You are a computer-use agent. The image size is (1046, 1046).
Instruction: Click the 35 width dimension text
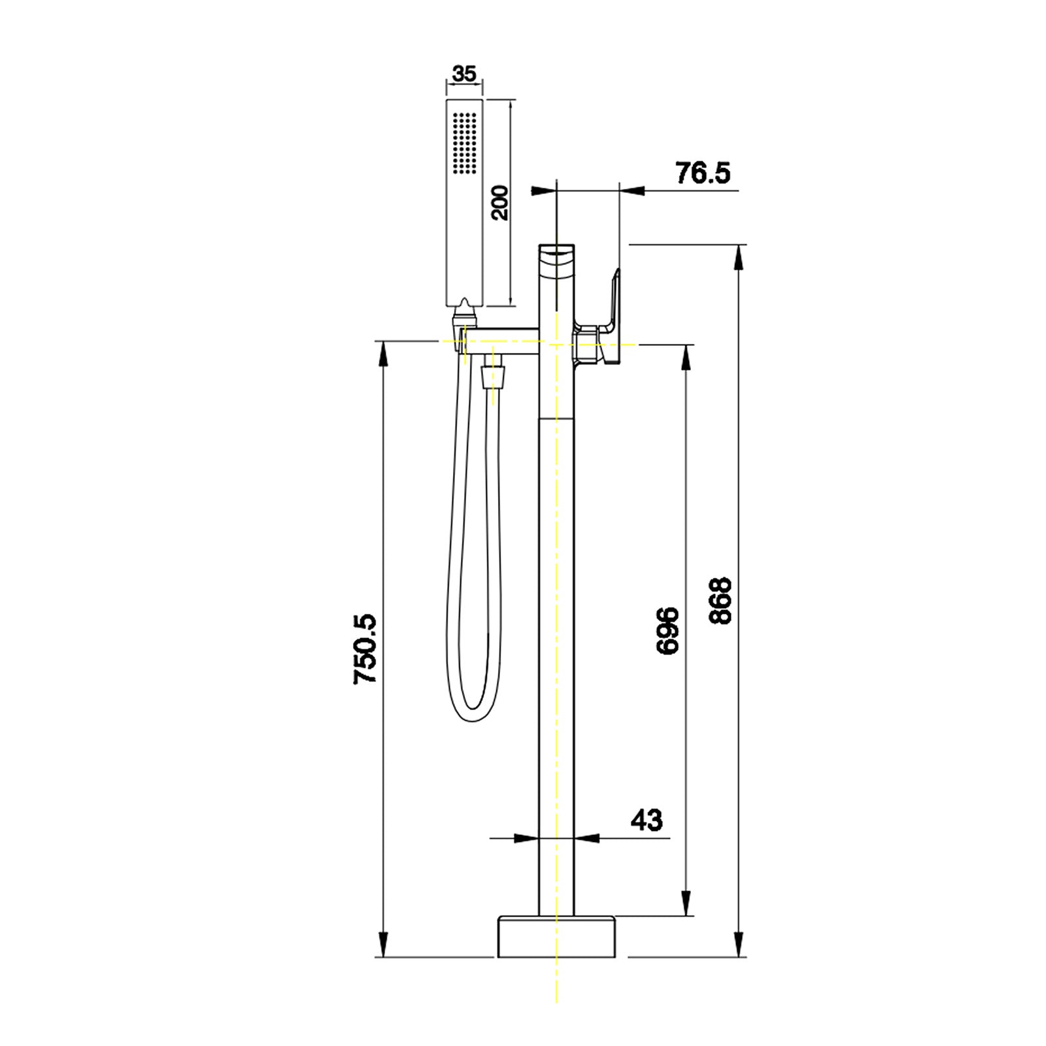pos(464,74)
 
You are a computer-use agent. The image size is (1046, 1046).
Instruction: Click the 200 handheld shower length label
pos(499,203)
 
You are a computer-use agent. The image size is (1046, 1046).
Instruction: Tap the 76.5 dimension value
pos(702,174)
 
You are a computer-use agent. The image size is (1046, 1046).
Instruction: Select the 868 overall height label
pos(720,601)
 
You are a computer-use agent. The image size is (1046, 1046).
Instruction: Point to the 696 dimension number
pos(667,631)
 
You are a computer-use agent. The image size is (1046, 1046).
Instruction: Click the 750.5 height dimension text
pos(365,649)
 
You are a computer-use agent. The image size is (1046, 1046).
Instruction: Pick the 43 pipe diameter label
pos(646,820)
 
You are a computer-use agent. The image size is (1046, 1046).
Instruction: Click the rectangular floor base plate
pos(556,937)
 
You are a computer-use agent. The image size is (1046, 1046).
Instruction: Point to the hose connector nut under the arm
pos(492,378)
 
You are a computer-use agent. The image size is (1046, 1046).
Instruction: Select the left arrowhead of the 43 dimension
pos(526,838)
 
